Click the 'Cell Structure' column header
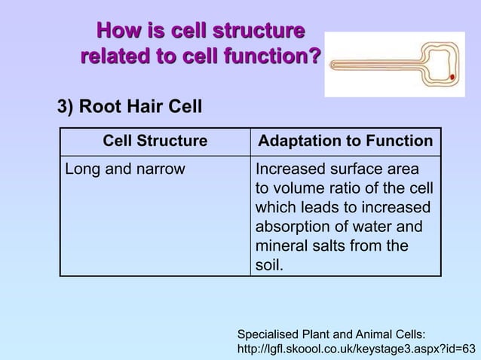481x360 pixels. tap(155, 141)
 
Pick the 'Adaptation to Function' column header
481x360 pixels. tap(345, 141)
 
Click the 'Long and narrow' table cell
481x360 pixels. tap(124, 169)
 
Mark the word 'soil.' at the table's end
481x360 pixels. tap(271, 266)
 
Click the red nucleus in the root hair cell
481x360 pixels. tap(451, 77)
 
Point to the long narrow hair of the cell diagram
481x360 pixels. tap(377, 64)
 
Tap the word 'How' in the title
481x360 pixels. tap(113, 32)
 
